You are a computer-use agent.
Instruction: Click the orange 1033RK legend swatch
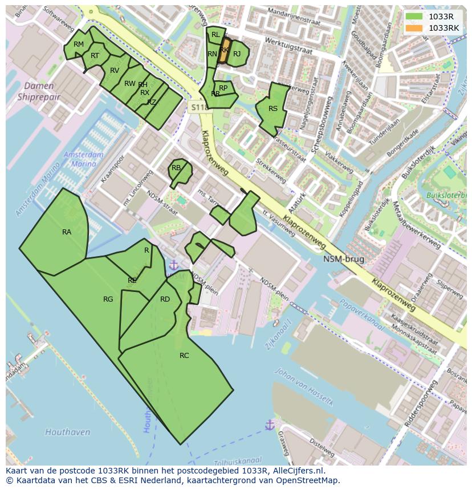414,28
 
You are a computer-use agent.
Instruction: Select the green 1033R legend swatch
414,17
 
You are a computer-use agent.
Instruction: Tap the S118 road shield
198,107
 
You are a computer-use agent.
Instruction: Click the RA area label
67,232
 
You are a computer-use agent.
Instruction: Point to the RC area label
184,355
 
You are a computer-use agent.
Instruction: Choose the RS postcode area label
273,109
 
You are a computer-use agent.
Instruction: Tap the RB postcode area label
176,168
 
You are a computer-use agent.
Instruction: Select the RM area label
79,44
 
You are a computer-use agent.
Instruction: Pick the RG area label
108,299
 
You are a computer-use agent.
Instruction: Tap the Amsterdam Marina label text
84,159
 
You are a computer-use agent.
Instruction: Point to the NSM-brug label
344,259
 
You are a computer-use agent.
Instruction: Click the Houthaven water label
67,432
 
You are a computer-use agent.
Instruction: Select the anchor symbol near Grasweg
270,425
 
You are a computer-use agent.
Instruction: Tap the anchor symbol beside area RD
173,265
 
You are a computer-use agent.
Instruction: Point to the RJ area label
237,54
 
